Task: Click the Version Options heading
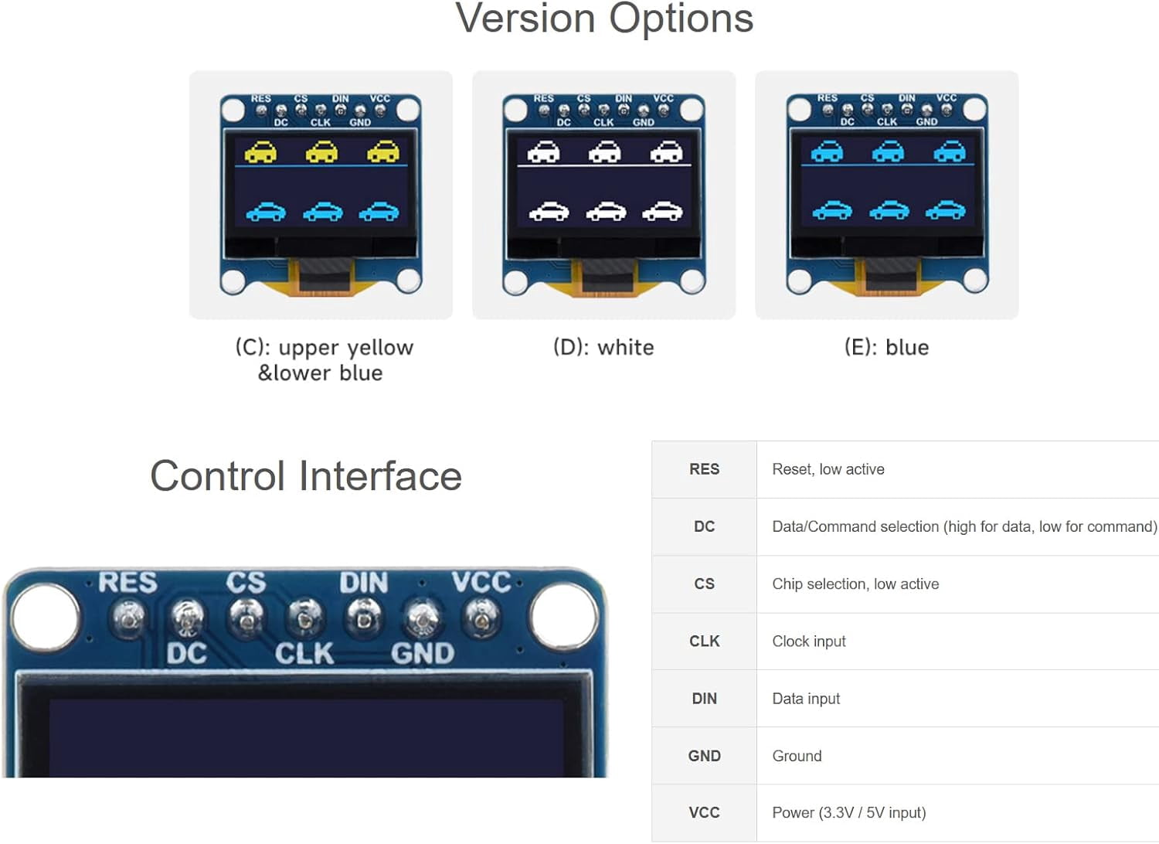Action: (x=603, y=19)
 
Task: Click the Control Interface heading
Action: (x=306, y=476)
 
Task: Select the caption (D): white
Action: (x=603, y=347)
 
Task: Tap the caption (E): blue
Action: (x=886, y=347)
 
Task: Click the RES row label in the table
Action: (x=704, y=469)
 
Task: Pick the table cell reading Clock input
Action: (x=809, y=642)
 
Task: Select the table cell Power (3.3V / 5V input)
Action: (x=849, y=813)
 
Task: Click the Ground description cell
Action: (x=797, y=756)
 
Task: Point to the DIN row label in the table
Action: (x=704, y=699)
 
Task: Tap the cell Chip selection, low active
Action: (x=855, y=584)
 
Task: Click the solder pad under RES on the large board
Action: (x=129, y=618)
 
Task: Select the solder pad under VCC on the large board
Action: (x=482, y=618)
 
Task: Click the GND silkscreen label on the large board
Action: (x=423, y=653)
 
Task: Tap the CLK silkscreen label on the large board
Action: (x=304, y=653)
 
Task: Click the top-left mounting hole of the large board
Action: (x=46, y=618)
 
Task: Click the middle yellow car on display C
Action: (x=322, y=151)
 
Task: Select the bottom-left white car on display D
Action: (x=549, y=211)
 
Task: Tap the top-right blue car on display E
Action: (x=950, y=151)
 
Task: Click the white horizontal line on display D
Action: (x=604, y=165)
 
